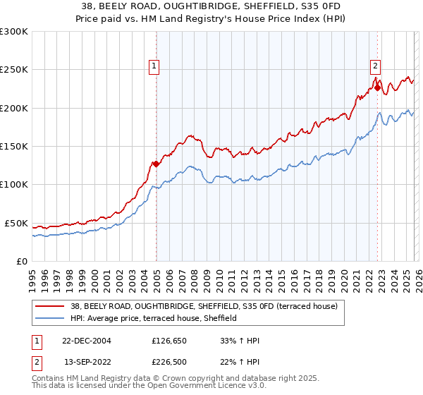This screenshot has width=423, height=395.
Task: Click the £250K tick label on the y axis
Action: tap(14, 70)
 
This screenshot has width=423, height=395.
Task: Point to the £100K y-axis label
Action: tap(14, 184)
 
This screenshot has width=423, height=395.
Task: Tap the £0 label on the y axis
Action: tap(22, 261)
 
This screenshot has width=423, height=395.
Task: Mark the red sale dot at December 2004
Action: tap(156, 164)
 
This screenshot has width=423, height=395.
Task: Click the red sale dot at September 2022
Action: tap(377, 87)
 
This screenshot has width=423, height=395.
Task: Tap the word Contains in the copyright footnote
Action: tap(48, 379)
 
